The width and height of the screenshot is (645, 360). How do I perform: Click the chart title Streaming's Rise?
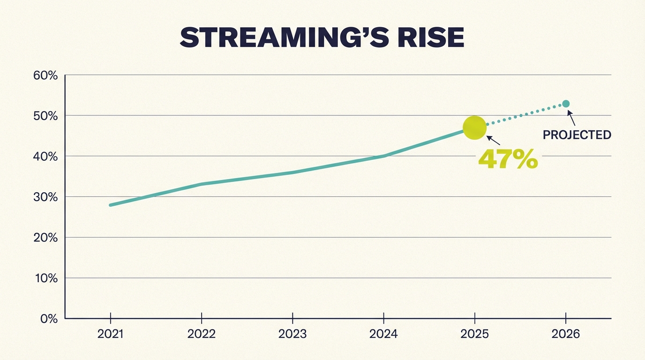(x=322, y=38)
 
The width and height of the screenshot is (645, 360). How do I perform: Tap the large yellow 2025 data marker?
(x=474, y=127)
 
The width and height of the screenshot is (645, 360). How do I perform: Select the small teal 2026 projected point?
(x=566, y=104)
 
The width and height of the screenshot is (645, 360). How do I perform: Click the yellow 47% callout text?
(x=508, y=159)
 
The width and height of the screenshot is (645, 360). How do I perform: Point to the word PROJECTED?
(x=577, y=135)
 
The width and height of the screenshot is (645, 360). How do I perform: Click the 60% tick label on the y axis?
(x=45, y=75)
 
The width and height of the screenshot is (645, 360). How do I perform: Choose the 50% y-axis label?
(x=45, y=116)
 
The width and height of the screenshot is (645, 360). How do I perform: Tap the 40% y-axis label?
(x=45, y=157)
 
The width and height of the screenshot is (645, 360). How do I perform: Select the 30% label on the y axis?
(x=45, y=197)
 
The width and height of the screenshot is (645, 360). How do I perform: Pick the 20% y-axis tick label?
(x=45, y=238)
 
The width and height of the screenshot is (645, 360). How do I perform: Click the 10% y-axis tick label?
(x=45, y=278)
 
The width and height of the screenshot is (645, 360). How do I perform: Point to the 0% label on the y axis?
(x=48, y=319)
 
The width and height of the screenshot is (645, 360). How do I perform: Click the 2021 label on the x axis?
(x=111, y=334)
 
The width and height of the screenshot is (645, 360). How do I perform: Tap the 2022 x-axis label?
(x=202, y=334)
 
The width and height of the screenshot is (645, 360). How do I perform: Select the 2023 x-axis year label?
(x=292, y=334)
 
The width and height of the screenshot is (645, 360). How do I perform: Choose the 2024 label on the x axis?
(x=383, y=334)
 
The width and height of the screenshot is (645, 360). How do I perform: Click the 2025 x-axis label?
(x=474, y=334)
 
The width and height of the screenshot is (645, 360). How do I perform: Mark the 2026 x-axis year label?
(x=566, y=334)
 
